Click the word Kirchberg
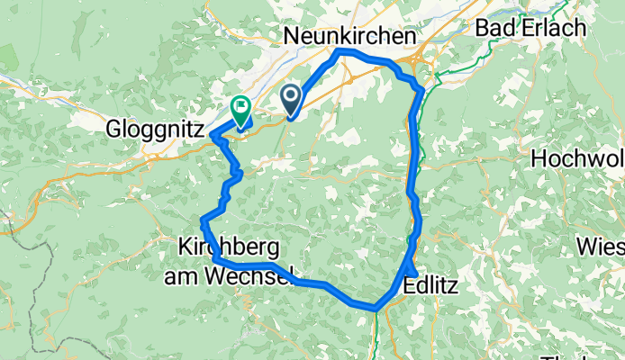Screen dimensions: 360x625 (x=230, y=245)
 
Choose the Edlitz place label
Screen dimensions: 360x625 (x=431, y=286)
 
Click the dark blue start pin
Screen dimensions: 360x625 (x=293, y=97)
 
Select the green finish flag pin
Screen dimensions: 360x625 (x=241, y=109)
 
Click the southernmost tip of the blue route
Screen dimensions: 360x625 (x=373, y=308)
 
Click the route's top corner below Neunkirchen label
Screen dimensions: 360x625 (x=339, y=53)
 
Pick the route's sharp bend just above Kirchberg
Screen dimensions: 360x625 (x=203, y=220)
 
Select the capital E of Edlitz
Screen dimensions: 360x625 (x=410, y=286)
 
